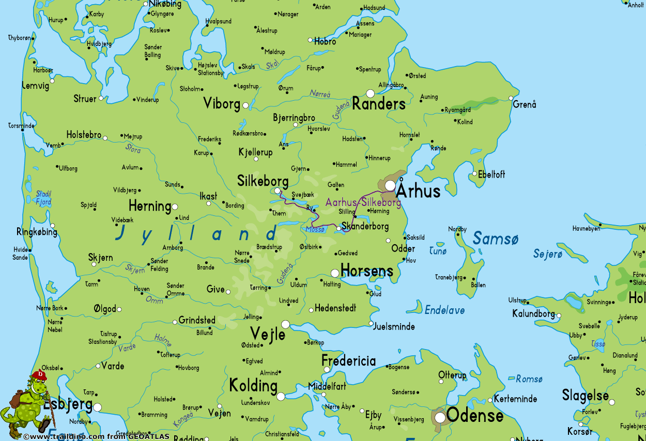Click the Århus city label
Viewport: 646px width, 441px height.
(418, 191)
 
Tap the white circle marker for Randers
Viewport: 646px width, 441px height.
(370, 93)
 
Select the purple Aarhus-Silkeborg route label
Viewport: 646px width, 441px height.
(363, 202)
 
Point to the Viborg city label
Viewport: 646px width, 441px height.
(222, 103)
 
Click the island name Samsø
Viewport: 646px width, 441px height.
(495, 239)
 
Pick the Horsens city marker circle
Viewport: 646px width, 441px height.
(335, 273)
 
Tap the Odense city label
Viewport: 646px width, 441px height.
(474, 415)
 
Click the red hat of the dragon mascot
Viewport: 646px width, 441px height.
(39, 375)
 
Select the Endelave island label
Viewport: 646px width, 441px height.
(444, 310)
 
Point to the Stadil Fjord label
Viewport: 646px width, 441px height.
(43, 198)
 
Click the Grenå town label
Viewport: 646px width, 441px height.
(524, 105)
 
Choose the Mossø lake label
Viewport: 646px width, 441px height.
(315, 229)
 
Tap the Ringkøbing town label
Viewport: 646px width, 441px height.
(37, 232)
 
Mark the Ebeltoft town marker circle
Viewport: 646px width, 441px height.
(474, 174)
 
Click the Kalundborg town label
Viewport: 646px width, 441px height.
(533, 313)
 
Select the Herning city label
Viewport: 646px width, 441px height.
(149, 206)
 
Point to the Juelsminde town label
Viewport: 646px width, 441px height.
(393, 326)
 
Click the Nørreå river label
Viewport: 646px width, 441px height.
(320, 94)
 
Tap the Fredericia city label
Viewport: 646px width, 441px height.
(348, 360)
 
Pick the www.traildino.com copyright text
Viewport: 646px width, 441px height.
(96, 436)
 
